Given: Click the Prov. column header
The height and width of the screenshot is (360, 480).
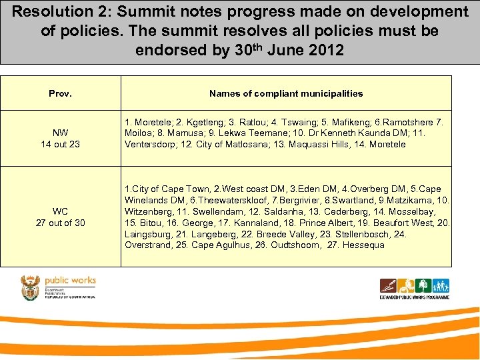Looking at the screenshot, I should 60,93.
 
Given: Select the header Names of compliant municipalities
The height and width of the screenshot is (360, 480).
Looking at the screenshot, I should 286,93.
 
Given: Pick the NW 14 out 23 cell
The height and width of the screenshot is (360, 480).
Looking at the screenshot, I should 60,138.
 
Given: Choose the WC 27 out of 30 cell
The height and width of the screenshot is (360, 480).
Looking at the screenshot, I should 60,217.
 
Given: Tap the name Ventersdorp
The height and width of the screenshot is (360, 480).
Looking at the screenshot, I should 151,144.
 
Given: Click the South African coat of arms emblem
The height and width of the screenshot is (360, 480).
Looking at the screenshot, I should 31,287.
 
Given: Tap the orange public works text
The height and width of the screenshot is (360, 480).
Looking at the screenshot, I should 70,281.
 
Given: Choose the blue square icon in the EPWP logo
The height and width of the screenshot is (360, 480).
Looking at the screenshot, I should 441,286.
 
